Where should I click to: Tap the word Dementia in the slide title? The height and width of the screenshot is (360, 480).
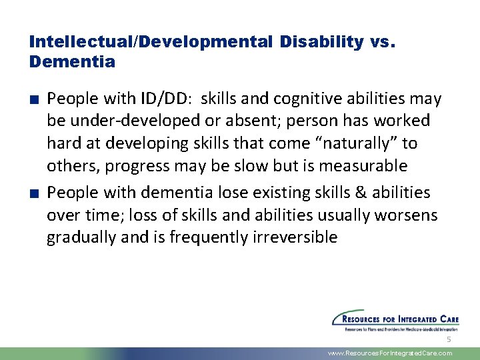pos(72,62)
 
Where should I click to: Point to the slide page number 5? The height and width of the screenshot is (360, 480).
pos(449,340)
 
